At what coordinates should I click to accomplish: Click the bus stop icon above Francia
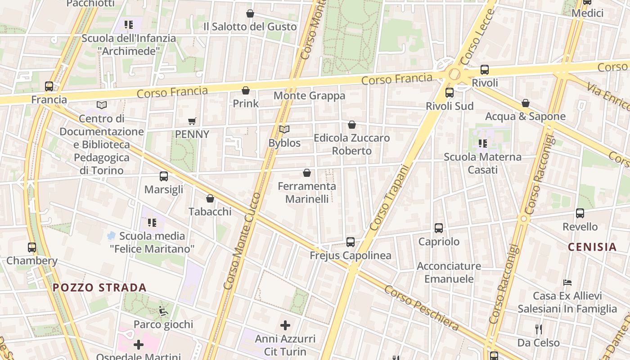coord(49,86)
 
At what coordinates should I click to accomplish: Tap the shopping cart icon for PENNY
coord(192,121)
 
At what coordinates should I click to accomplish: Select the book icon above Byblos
coord(284,130)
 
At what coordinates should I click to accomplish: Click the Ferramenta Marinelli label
coord(307,192)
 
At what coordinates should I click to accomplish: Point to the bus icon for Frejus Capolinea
coord(351,242)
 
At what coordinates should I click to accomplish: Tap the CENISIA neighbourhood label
coord(592,247)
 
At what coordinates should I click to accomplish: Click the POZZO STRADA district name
coord(99,288)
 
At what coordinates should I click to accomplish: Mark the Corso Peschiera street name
coord(421,308)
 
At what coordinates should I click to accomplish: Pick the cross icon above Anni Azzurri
coord(285,325)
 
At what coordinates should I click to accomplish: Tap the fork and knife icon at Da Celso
coord(538,329)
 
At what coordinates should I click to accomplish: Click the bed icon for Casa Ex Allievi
coord(567,283)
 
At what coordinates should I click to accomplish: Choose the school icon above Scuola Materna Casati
coord(482,144)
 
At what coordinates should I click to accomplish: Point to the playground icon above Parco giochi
coord(163,310)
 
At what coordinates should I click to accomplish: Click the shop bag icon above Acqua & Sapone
coord(525,103)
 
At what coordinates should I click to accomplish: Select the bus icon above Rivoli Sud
coord(449,93)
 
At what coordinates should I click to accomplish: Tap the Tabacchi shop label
coord(210,211)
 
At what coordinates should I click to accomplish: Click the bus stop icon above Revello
coord(580,213)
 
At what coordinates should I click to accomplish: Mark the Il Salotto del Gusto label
coord(250,27)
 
